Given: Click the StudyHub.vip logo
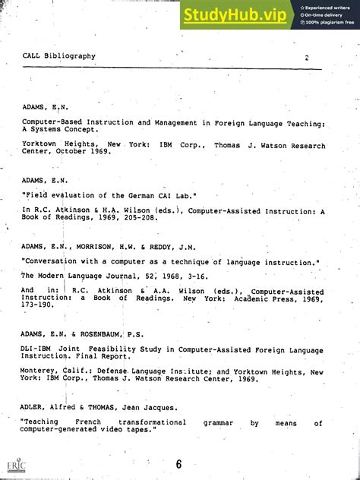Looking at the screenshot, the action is (x=234, y=14).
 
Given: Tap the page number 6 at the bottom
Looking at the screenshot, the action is (x=179, y=465).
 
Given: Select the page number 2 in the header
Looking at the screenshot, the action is (x=307, y=57).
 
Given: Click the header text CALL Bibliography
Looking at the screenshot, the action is (x=59, y=56).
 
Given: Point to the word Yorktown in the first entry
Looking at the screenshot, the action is (x=43, y=144).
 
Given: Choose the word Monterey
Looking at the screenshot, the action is (x=43, y=372).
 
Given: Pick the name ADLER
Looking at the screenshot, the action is (x=35, y=408).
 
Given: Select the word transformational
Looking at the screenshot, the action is (x=152, y=422).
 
